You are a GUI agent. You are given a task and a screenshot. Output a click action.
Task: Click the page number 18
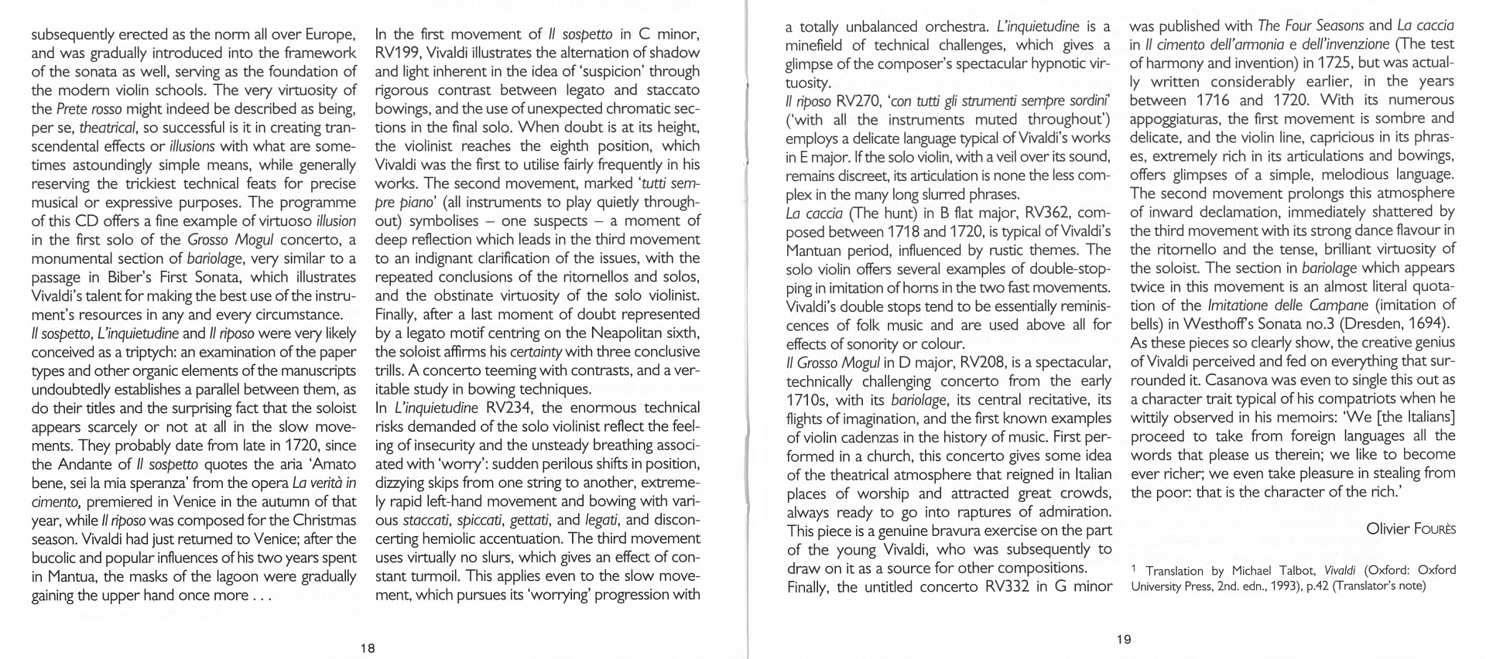click(368, 647)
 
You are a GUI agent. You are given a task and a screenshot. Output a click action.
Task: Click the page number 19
click(1124, 639)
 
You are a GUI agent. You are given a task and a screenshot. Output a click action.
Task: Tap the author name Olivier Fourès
click(1410, 528)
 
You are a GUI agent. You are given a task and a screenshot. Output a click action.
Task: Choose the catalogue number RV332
click(1008, 586)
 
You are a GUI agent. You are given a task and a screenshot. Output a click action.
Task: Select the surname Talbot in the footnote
click(1296, 570)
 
